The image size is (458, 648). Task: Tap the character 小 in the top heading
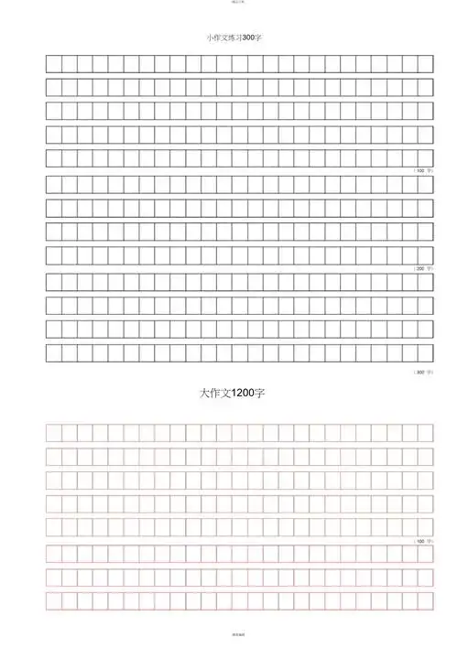pyautogui.click(x=211, y=38)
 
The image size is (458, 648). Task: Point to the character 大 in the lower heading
pyautogui.click(x=204, y=393)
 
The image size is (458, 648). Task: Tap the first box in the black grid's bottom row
pyautogui.click(x=53, y=352)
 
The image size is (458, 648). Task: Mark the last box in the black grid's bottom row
pyautogui.click(x=425, y=352)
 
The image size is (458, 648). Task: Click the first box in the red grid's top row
pyautogui.click(x=53, y=432)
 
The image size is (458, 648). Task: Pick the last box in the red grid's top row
pyautogui.click(x=425, y=432)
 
